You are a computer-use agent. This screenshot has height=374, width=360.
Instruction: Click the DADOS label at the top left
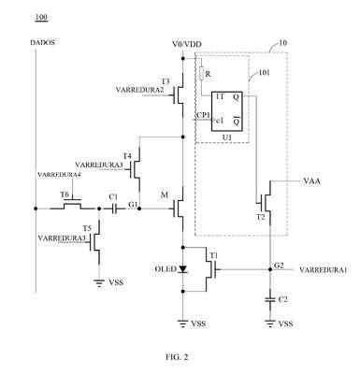[42, 42]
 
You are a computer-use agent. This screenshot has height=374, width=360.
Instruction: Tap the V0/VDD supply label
[187, 44]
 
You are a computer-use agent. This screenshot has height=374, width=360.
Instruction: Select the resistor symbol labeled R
[201, 74]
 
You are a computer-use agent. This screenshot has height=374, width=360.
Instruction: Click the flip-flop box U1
[226, 111]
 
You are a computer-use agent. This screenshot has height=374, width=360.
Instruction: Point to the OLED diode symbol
[182, 269]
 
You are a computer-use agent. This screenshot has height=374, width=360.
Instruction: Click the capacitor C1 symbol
[115, 209]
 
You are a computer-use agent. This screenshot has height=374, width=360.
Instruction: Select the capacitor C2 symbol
[270, 300]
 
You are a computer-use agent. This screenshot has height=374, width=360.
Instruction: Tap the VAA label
[311, 181]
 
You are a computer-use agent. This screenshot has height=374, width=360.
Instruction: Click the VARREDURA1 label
[323, 270]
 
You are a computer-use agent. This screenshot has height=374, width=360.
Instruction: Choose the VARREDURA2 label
[139, 90]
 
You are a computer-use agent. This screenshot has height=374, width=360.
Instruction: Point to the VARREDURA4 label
[59, 175]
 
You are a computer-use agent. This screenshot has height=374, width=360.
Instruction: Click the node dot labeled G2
[270, 269]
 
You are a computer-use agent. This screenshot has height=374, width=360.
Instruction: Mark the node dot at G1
[139, 209]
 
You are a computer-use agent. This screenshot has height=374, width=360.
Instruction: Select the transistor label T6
[65, 194]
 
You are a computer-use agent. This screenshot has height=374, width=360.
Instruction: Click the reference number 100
[41, 17]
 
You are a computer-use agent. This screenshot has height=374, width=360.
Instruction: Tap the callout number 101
[265, 73]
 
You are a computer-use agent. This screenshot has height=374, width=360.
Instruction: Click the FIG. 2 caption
[177, 357]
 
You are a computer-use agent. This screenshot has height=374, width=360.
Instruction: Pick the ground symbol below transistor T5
[99, 283]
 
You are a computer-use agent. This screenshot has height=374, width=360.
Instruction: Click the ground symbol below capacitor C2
[270, 324]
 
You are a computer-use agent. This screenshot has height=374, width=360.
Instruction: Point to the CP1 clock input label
[202, 115]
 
